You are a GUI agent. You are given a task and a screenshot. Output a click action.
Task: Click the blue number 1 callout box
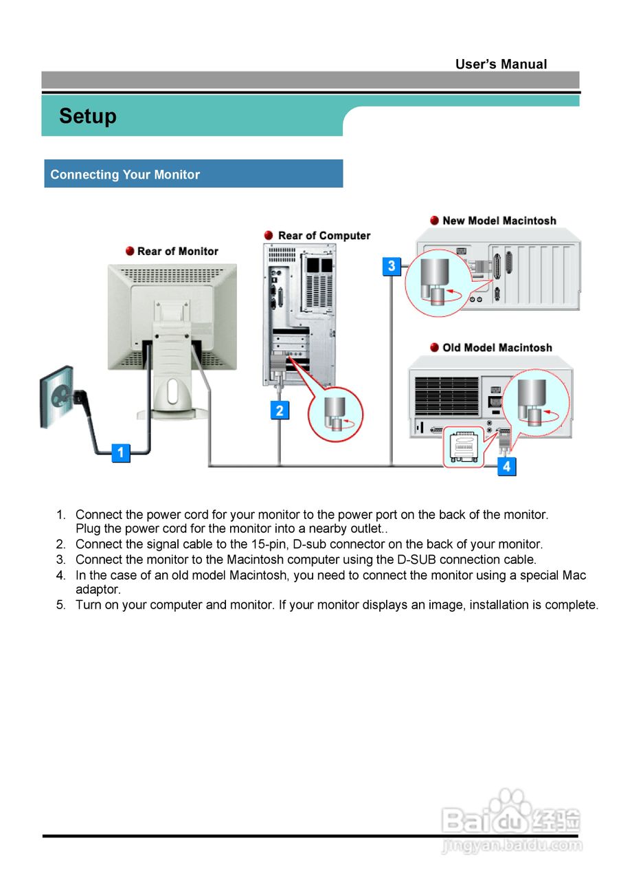(120, 452)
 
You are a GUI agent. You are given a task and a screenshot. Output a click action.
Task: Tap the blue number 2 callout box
(280, 410)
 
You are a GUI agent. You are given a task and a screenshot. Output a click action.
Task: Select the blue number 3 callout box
(392, 266)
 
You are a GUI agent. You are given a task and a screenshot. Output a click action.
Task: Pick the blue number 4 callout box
(506, 466)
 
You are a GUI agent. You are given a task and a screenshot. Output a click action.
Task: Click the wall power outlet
(57, 397)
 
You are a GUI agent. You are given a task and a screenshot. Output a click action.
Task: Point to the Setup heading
(87, 116)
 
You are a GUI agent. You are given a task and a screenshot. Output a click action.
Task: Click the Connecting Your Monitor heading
(125, 175)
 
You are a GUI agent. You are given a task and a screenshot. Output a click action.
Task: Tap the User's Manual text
(501, 64)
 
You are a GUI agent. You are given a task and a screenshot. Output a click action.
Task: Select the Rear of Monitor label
(177, 251)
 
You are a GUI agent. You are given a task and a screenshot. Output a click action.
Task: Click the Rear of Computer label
(324, 235)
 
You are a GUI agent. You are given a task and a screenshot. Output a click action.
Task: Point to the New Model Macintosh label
(499, 221)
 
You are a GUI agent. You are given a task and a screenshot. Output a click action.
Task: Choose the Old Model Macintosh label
(497, 347)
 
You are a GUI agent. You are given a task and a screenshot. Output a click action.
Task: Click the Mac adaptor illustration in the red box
(464, 447)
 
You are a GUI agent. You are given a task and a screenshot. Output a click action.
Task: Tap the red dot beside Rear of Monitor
(130, 251)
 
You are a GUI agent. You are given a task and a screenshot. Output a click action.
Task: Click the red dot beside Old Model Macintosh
(434, 347)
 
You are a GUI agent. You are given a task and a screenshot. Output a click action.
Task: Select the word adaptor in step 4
(98, 589)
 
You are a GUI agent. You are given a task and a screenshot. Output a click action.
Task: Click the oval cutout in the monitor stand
(172, 391)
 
